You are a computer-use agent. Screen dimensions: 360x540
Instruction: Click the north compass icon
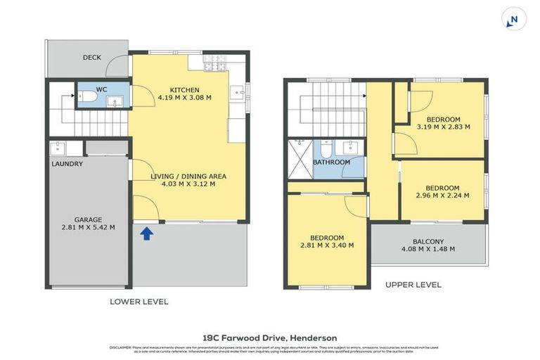(514, 20)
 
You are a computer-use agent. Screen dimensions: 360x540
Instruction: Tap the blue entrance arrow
(147, 233)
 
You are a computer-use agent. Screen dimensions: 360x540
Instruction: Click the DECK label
(93, 58)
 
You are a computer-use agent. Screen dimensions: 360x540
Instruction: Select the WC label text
(101, 89)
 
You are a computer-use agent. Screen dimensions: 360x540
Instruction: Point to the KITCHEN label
(184, 90)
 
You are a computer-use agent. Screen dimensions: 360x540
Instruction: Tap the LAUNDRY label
(67, 165)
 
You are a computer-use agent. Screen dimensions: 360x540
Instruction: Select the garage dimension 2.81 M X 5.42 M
(89, 227)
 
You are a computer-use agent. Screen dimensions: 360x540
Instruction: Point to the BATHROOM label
(331, 162)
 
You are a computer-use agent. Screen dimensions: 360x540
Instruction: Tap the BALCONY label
(427, 241)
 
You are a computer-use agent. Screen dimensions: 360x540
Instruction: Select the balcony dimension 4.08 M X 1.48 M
(427, 250)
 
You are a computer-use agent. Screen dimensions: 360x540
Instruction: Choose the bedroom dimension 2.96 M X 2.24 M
(443, 196)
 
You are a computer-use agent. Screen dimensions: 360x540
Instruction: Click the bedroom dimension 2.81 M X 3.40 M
(326, 246)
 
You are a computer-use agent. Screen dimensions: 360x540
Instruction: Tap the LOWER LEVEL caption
(139, 302)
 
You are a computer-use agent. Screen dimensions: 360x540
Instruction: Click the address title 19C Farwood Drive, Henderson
(270, 337)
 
